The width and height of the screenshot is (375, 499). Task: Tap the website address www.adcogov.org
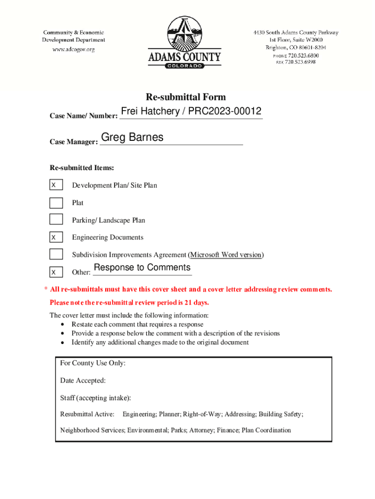74,49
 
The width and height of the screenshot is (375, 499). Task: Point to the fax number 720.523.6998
300,62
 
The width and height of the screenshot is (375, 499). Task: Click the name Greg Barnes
132,137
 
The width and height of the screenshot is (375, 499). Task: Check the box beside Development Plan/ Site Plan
56,185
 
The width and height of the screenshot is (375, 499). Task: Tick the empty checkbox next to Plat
56,203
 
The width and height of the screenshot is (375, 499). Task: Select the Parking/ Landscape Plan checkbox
56,220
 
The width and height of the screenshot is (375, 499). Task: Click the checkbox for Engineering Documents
56,237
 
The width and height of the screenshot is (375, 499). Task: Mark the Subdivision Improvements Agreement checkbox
56,254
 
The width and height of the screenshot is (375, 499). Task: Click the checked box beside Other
56,272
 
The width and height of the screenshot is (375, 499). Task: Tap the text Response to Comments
142,268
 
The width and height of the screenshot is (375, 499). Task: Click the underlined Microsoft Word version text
226,255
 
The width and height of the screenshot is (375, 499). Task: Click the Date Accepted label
83,381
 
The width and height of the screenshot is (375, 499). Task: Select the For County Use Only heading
93,363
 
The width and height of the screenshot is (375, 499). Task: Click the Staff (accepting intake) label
95,398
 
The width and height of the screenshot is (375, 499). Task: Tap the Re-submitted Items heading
82,168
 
